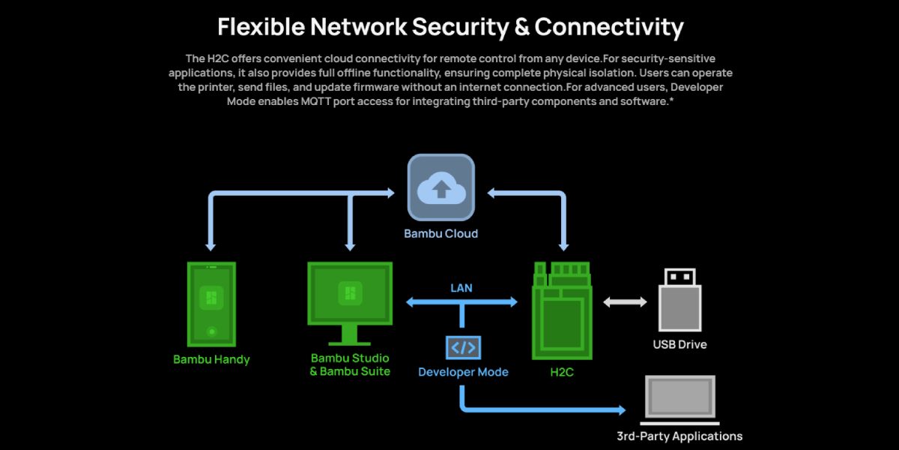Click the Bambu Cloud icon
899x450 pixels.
(441, 187)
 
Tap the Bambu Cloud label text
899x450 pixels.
(441, 233)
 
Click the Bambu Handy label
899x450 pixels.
(211, 359)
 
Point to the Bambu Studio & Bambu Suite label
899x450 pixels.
(350, 364)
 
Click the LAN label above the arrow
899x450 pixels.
(461, 288)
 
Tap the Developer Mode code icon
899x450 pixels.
(463, 347)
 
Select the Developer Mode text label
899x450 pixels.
(463, 372)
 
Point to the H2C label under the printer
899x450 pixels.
(561, 372)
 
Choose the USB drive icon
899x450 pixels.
(679, 300)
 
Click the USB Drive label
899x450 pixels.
(679, 345)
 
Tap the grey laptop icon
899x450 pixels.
(679, 398)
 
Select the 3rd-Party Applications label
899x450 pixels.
(679, 436)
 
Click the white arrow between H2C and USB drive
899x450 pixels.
(625, 302)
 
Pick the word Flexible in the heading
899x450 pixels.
(261, 27)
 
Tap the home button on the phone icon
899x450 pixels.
(212, 331)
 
